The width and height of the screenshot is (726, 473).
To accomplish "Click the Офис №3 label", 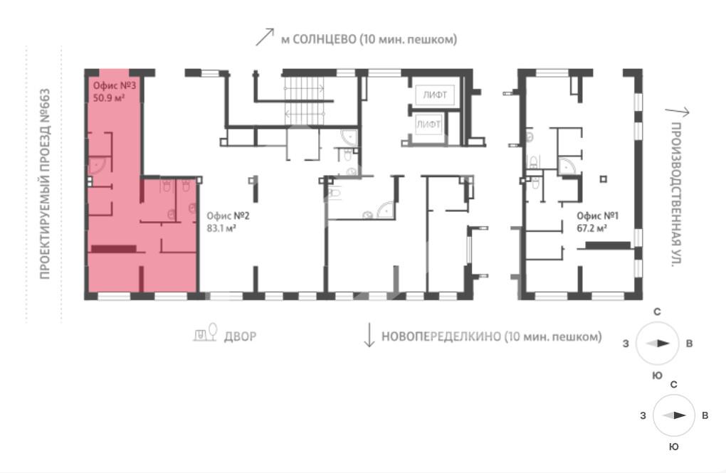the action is pos(115,85).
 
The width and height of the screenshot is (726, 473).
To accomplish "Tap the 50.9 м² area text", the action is pos(109,97).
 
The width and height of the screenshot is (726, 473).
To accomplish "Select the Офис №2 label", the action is pos(228,216).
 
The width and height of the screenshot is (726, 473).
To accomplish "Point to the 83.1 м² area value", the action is pos(222,228).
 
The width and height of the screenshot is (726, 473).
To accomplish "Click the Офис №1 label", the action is pos(598,216).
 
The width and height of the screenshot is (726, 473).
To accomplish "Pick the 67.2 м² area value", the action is pos(591,228).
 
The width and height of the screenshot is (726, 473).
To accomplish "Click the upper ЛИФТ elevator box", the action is pos(435,95).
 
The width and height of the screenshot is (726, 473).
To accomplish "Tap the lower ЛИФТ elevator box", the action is pos(428,124).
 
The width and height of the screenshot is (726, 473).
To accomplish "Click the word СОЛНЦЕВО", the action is pos(325,39).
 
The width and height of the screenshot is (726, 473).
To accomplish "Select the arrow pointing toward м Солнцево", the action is pos(265,37).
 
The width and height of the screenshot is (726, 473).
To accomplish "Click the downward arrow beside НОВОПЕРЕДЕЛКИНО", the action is pos(369,334).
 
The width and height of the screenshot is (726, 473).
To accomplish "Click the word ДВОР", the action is pos(240,336).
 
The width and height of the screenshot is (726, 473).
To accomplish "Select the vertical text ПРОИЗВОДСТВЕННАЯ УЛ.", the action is pos(676,194).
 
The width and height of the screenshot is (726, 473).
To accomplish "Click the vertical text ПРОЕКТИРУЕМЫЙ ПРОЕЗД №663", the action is pos(44,184).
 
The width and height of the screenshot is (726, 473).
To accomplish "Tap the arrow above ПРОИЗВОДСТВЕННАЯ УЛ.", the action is pos(678,112).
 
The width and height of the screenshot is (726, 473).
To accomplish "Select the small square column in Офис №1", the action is pos(603,179).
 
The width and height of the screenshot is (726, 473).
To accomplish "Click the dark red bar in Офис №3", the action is pos(113,249).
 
